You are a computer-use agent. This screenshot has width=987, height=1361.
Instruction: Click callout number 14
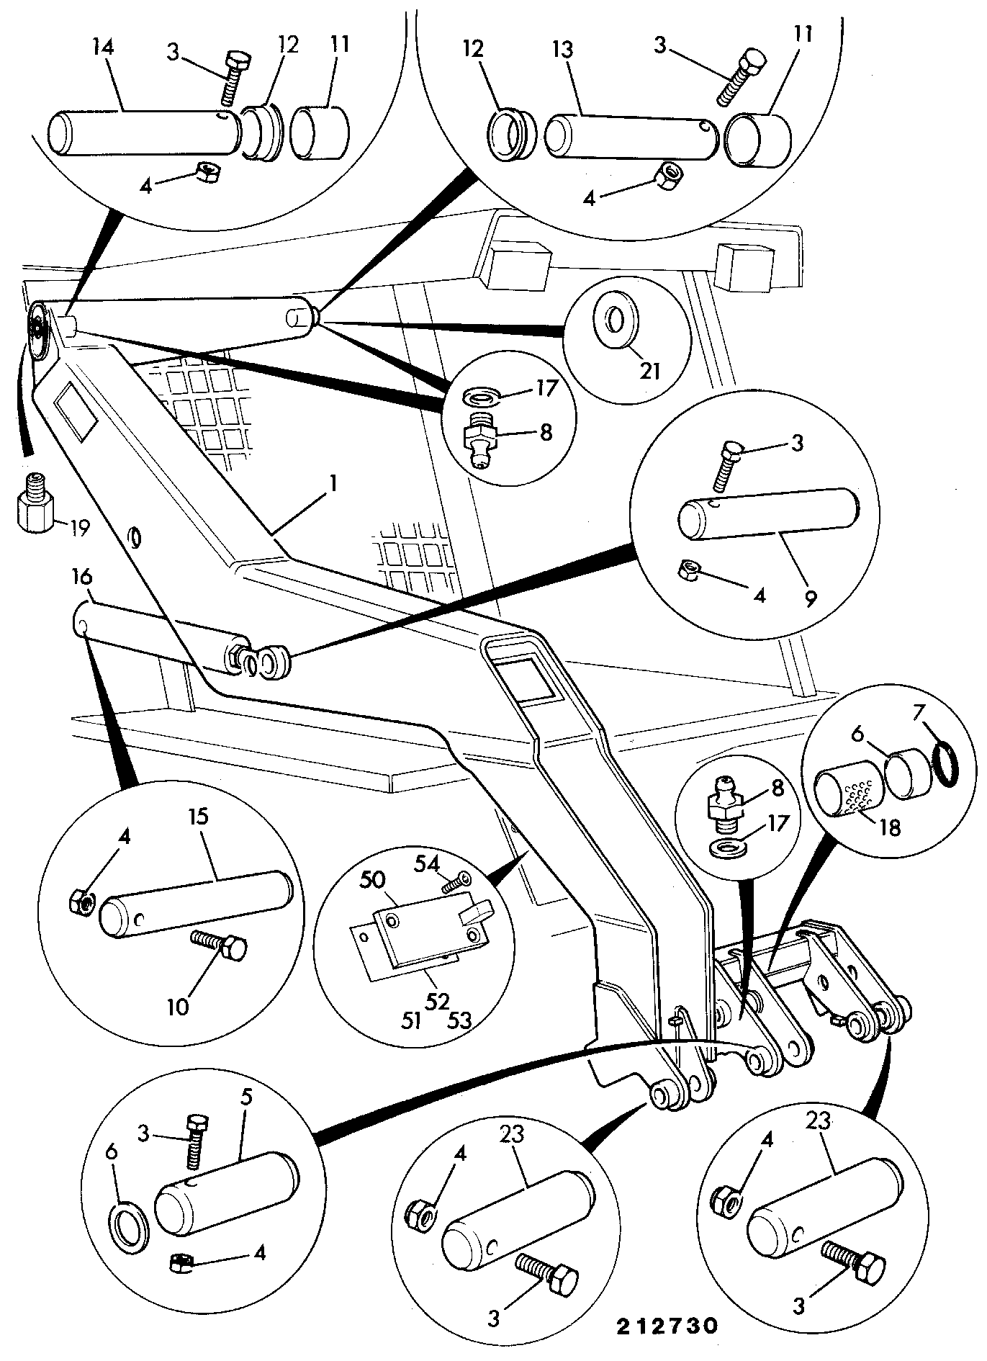tap(103, 48)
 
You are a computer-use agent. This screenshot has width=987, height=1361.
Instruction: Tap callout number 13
tap(563, 50)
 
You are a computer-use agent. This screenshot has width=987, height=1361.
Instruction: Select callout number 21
tap(649, 370)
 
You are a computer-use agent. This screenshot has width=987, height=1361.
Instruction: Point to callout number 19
tap(78, 529)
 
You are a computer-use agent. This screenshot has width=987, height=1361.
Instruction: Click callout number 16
tap(83, 577)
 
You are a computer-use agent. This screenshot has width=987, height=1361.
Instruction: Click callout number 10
tap(178, 1005)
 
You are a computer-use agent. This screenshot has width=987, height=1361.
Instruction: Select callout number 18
tap(891, 828)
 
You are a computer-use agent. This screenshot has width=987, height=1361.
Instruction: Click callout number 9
tap(811, 599)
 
